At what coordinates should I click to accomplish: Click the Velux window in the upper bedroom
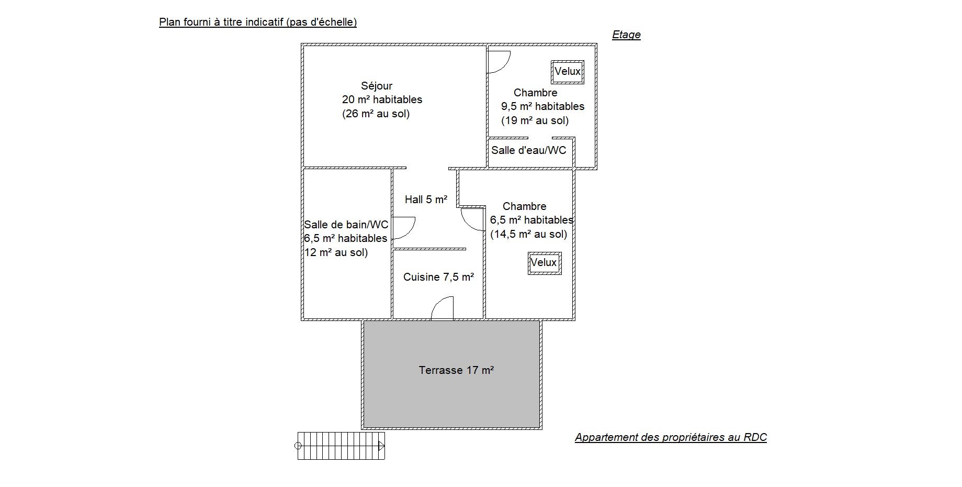point(567,72)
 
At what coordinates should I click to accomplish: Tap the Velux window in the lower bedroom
point(544,263)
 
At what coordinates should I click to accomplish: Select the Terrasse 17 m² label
point(456,370)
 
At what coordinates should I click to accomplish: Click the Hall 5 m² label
point(426,200)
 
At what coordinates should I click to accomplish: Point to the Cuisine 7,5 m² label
point(438,277)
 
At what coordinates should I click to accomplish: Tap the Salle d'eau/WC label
point(528,150)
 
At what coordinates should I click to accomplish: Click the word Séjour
point(377,86)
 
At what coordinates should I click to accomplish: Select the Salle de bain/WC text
point(346,225)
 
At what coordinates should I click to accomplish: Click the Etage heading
point(626,35)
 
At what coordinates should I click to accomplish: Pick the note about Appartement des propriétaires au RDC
point(671,437)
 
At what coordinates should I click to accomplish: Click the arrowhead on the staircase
point(382,446)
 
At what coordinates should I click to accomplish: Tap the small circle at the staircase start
point(298,446)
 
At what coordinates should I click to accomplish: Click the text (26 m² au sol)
point(376,114)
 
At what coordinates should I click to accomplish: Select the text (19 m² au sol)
point(535,121)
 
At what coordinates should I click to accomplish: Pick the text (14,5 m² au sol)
point(528,235)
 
